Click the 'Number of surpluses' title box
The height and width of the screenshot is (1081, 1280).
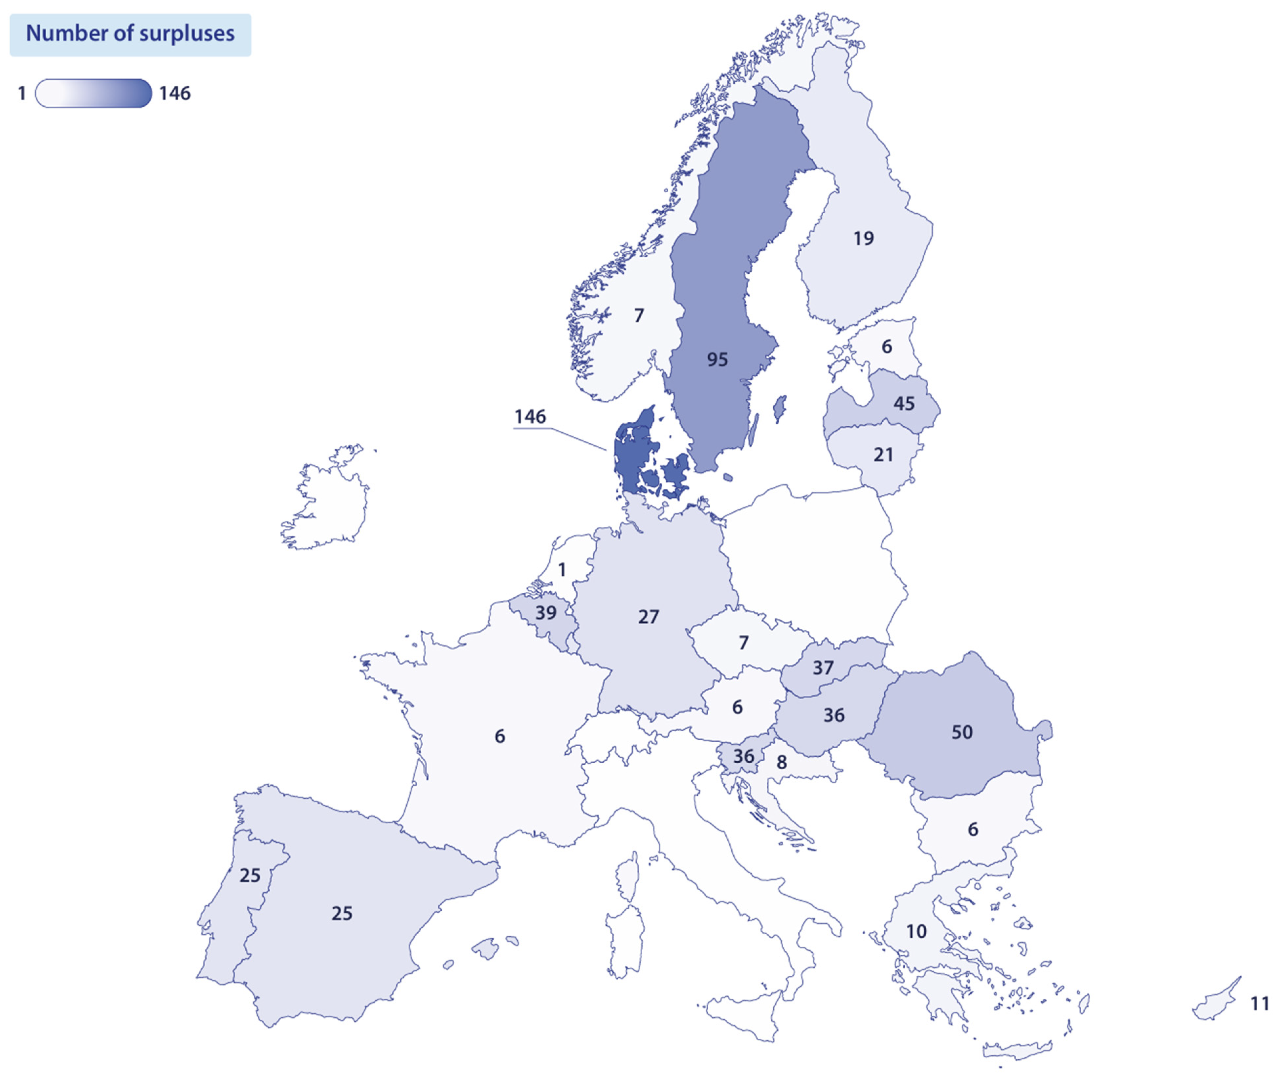[130, 34]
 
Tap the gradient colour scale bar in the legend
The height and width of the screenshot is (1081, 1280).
[93, 93]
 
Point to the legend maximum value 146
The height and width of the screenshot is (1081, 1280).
[175, 93]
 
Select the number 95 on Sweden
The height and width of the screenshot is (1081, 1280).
[717, 359]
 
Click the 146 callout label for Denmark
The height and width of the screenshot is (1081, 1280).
[530, 417]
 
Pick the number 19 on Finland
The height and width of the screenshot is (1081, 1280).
[863, 238]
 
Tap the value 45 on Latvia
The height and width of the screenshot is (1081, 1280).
[904, 403]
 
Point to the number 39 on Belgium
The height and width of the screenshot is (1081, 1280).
[546, 612]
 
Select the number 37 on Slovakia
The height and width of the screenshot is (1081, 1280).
[823, 668]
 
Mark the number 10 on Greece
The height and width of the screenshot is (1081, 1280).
[916, 931]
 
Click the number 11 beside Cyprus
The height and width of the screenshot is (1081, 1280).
[1259, 1003]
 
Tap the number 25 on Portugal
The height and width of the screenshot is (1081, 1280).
[250, 875]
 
